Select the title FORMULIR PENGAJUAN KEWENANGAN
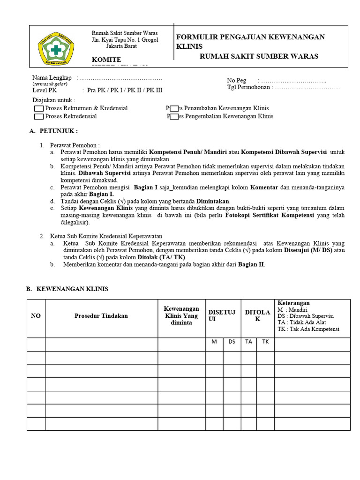250,37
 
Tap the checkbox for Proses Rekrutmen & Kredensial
39,108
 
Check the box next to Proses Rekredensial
39,116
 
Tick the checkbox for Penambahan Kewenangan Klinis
174,108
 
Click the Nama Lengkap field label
52,78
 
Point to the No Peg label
237,81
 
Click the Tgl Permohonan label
250,88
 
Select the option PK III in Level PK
155,90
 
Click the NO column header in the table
36,316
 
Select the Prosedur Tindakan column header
101,316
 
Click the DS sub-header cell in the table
232,342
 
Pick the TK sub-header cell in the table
265,342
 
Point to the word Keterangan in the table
293,303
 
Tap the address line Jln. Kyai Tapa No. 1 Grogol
125,40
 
